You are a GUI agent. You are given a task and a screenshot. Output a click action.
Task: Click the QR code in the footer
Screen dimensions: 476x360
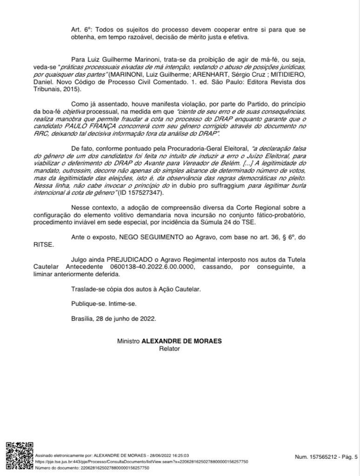20,457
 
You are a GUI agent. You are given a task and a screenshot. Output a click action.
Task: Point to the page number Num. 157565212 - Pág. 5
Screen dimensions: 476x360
326,457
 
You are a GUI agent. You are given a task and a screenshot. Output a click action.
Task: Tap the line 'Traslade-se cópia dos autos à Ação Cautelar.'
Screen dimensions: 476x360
136,289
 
